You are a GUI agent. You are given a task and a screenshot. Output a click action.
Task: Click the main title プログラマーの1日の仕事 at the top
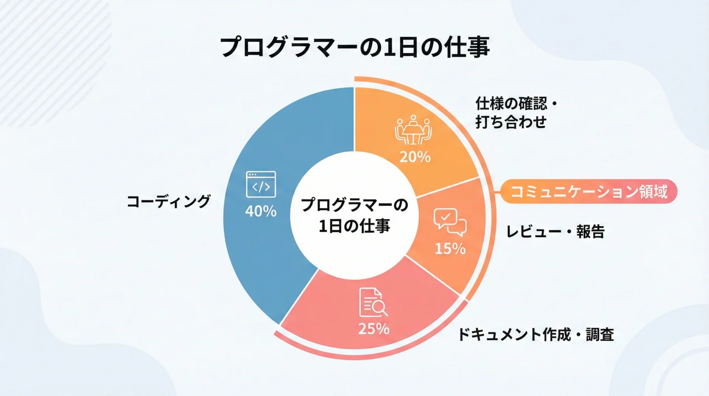pos(355,47)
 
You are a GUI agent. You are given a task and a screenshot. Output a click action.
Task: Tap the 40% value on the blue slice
pos(261,211)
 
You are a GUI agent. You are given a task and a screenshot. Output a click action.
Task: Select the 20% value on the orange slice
pos(415,157)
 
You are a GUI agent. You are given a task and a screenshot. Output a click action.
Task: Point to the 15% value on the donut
pos(450,249)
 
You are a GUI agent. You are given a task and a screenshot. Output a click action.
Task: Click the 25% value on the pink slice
pos(374,329)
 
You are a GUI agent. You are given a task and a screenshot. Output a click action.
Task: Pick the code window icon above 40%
pos(261,184)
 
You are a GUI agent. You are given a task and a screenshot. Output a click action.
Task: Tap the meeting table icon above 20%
pos(413,130)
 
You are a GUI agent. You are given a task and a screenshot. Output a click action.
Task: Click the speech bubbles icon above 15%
pos(450,222)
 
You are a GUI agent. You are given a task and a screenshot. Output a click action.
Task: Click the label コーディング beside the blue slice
pos(169,201)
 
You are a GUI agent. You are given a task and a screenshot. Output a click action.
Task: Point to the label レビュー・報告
pos(555,232)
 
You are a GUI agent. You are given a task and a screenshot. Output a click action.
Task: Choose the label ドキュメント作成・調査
pos(536,334)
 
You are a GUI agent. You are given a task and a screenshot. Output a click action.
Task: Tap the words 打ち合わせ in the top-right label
pos(511,122)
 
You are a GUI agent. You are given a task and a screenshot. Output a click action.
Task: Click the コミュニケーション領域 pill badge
pos(589,191)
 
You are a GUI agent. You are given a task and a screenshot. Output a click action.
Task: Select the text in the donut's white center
pos(354,215)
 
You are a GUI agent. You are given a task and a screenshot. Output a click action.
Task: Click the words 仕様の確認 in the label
pos(511,103)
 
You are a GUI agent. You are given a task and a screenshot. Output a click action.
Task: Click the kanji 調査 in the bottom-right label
pos(600,334)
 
